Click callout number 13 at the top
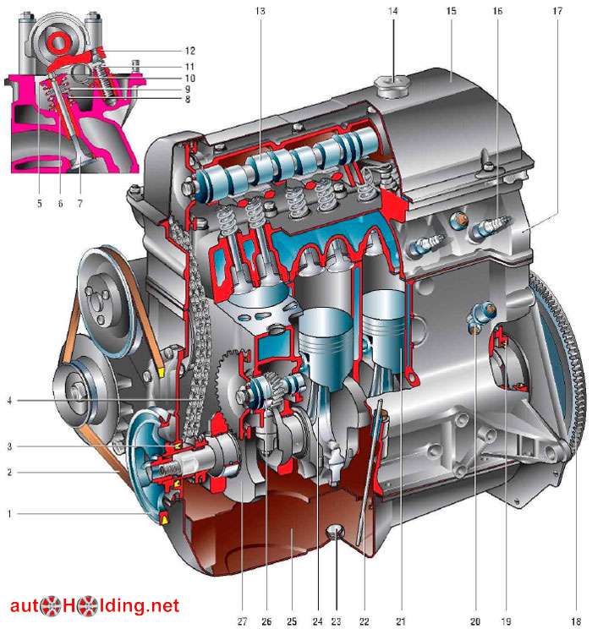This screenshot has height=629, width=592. (x=260, y=11)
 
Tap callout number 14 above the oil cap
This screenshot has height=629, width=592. (x=393, y=11)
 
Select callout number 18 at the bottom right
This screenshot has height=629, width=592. (x=576, y=621)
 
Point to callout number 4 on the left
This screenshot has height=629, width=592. (x=9, y=401)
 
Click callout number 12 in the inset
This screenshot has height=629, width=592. (x=189, y=51)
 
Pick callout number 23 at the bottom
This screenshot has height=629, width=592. (x=336, y=621)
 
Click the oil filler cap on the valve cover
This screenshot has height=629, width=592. (x=392, y=87)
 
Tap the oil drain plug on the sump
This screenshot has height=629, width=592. (x=335, y=533)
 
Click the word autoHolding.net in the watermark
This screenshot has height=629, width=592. (x=95, y=605)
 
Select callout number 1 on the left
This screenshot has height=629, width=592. (x=9, y=514)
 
